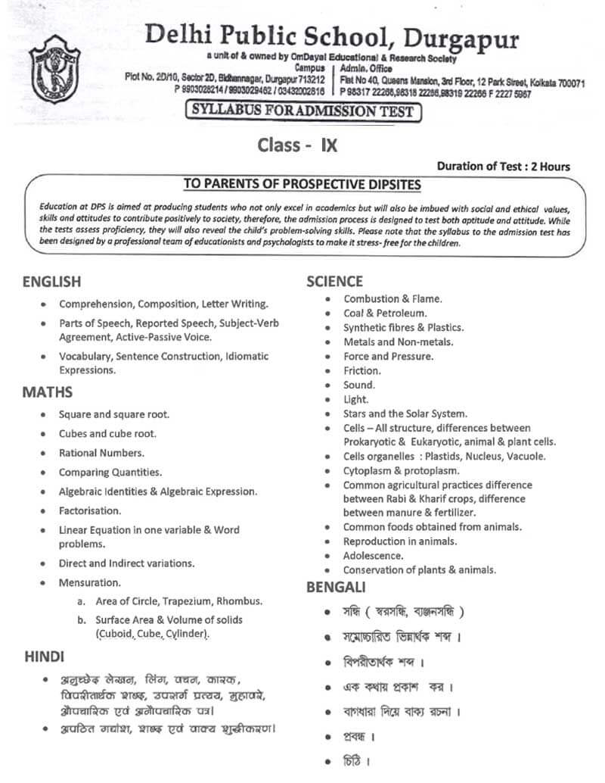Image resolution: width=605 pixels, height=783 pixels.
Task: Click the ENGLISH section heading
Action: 51,282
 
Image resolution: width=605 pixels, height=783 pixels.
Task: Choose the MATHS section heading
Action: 47,392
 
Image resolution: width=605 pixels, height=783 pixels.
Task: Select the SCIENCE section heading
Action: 334,282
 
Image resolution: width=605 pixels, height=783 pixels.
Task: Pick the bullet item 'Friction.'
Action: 361,370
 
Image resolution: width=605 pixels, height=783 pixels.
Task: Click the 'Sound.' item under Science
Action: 359,385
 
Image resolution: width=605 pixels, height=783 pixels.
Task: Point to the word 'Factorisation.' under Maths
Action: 90,510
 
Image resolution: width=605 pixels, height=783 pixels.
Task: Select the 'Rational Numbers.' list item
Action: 101,453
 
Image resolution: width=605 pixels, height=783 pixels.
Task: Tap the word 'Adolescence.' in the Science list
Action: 374,555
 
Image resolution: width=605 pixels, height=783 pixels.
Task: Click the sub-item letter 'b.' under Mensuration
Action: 81,619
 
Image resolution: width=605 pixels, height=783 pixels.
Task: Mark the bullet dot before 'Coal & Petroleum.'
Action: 327,313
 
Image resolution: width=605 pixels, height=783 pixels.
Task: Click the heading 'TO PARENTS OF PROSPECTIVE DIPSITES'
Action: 302,184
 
